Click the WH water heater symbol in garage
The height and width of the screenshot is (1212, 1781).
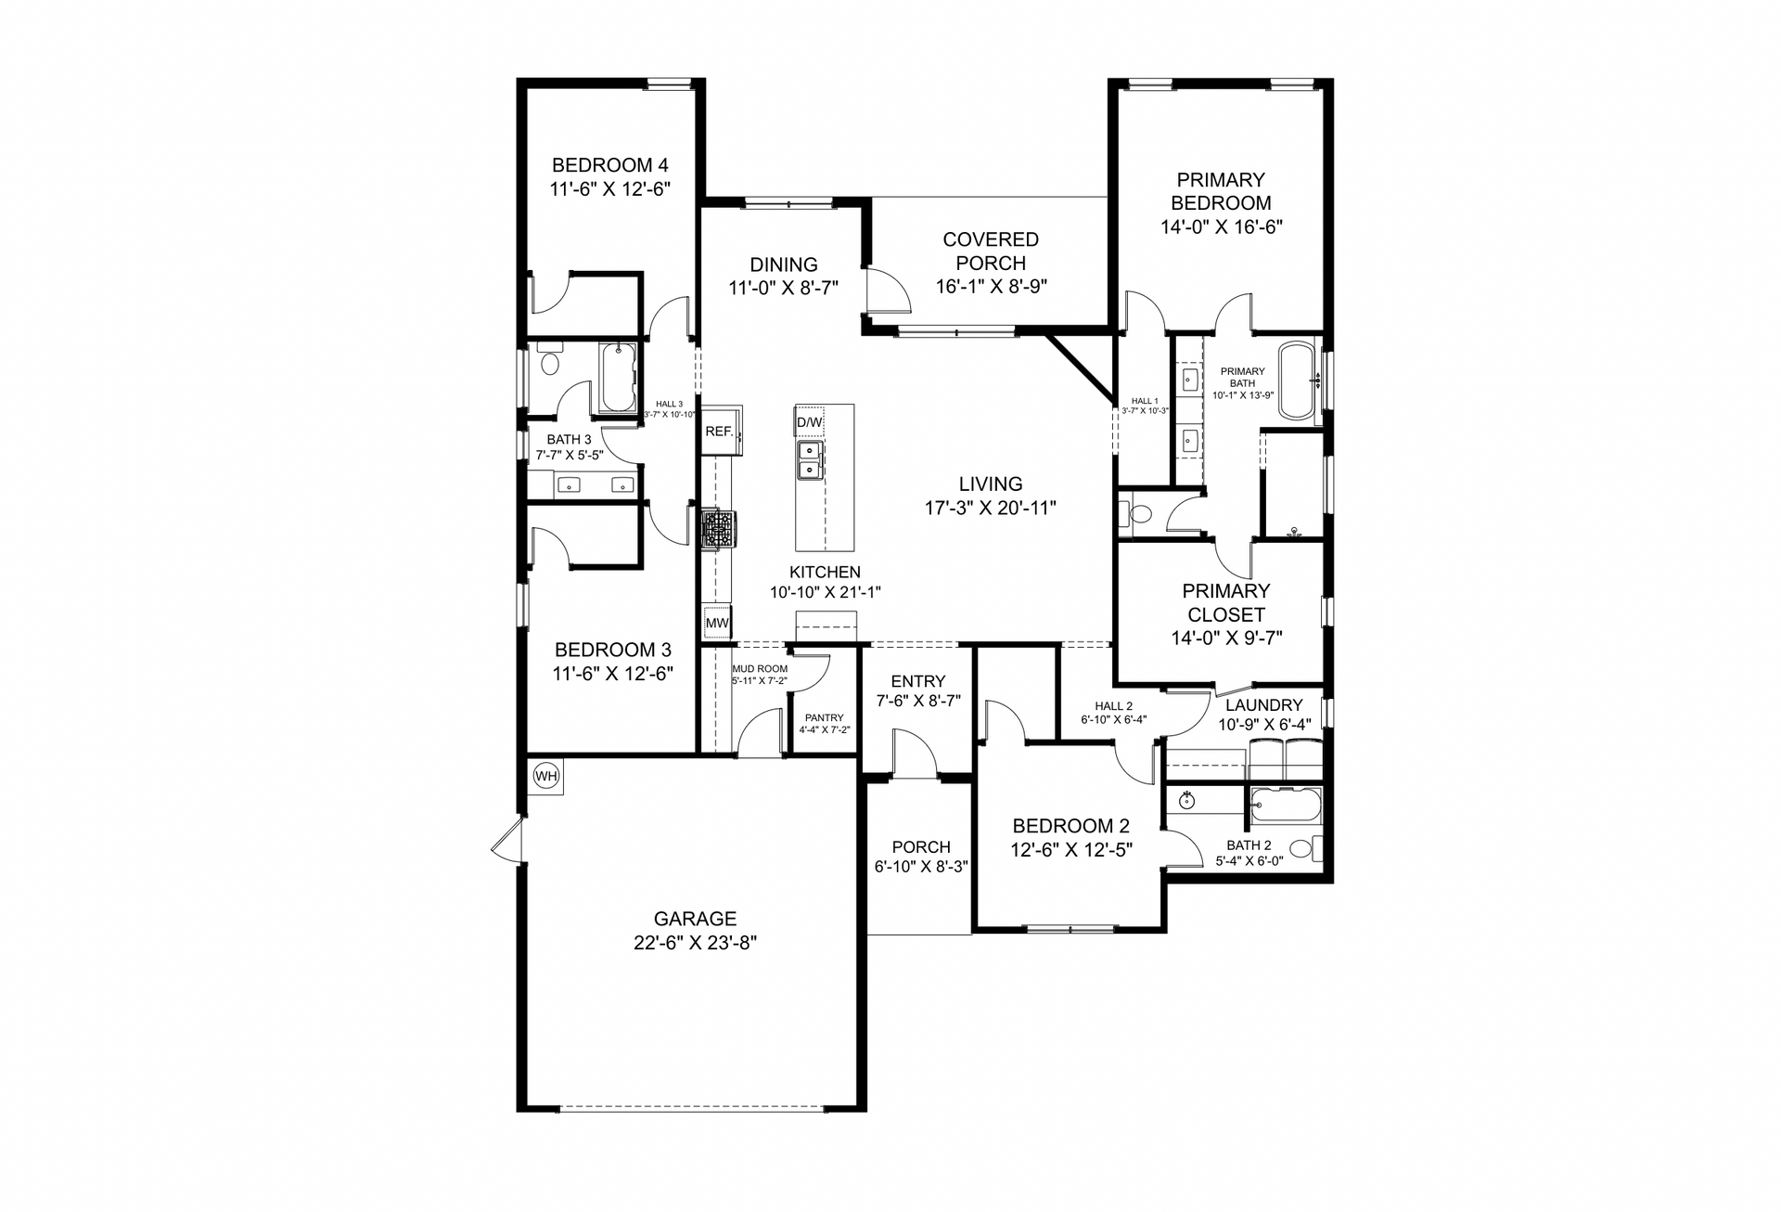pyautogui.click(x=546, y=776)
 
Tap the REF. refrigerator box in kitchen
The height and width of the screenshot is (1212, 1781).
pyautogui.click(x=721, y=431)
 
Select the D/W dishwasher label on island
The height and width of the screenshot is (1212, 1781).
pyautogui.click(x=809, y=422)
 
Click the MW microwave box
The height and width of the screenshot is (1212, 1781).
pyautogui.click(x=717, y=623)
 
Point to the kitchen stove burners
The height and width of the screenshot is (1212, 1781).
pyautogui.click(x=718, y=530)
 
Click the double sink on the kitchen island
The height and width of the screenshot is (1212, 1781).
pyautogui.click(x=809, y=459)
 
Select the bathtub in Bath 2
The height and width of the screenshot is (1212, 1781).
pyautogui.click(x=1285, y=805)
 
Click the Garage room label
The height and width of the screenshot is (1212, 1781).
pyautogui.click(x=695, y=919)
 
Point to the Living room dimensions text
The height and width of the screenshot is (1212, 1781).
pyautogui.click(x=991, y=508)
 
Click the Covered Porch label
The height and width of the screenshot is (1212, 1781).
pyautogui.click(x=991, y=251)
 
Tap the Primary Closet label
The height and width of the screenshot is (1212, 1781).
pyautogui.click(x=1226, y=602)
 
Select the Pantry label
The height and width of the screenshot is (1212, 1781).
pyautogui.click(x=825, y=717)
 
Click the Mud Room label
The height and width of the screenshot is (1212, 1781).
pyautogui.click(x=760, y=668)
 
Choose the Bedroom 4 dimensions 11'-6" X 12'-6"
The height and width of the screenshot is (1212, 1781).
pyautogui.click(x=609, y=188)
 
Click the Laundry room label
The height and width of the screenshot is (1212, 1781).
pyautogui.click(x=1263, y=704)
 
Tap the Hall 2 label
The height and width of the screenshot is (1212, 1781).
pyautogui.click(x=1113, y=706)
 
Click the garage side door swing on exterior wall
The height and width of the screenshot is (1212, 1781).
pyautogui.click(x=506, y=843)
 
